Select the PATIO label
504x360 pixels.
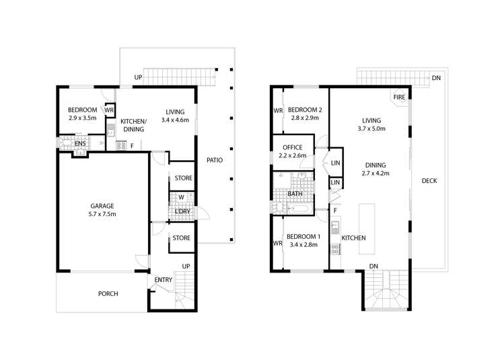(215, 160)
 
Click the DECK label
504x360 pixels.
(430, 180)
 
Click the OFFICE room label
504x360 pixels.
(292, 147)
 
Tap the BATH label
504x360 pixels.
(295, 194)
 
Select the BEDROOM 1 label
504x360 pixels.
(303, 237)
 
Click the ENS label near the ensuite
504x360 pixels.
(79, 143)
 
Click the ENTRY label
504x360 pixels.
(163, 280)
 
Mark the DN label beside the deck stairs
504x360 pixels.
(436, 77)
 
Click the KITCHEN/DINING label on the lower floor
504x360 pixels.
(134, 122)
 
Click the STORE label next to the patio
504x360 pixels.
(183, 178)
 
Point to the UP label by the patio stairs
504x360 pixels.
(138, 78)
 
